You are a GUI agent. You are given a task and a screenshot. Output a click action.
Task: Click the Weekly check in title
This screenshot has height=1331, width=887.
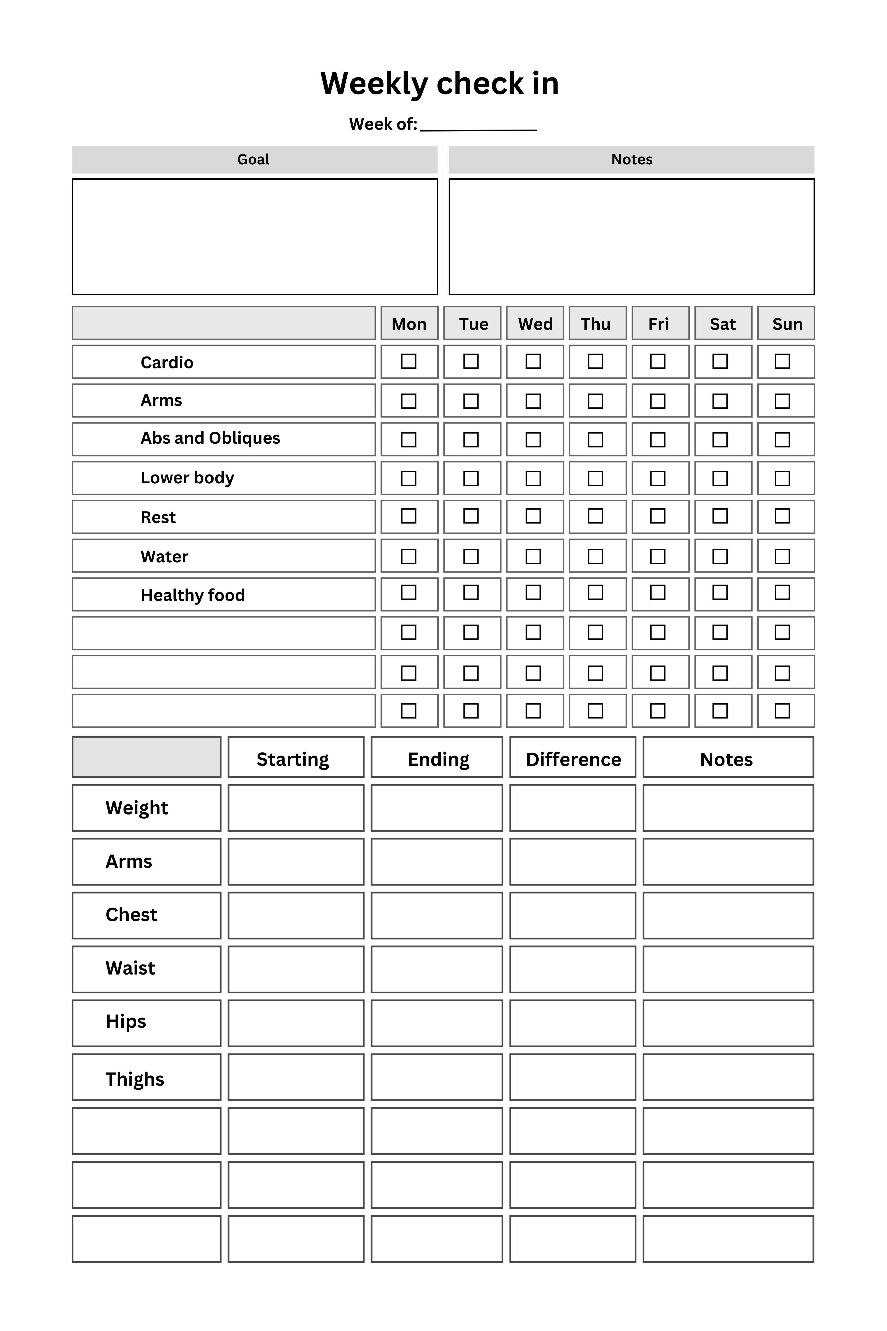pos(440,84)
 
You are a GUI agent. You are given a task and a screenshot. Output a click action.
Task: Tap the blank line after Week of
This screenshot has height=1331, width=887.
pos(479,126)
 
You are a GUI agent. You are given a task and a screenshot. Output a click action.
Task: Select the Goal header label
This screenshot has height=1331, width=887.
pos(253,159)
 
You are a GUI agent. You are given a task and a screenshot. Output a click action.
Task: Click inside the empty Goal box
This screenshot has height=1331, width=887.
pos(255,236)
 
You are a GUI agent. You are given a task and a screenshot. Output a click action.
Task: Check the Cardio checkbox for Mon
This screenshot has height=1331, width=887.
pos(408,361)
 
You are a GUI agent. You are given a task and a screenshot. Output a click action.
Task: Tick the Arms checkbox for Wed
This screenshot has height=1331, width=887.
pos(533,401)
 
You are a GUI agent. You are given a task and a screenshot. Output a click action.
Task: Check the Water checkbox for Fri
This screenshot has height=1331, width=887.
pos(657,556)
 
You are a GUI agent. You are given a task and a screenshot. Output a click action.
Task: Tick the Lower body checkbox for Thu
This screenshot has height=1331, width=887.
pos(595,478)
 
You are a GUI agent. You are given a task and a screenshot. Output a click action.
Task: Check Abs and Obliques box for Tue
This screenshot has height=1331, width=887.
pos(471,440)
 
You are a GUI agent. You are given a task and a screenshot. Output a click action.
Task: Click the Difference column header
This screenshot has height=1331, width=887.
pos(573,759)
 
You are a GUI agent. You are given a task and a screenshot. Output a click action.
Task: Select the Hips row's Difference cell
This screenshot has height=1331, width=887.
pos(573,1023)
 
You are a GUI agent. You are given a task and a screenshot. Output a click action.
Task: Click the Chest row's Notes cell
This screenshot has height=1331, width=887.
pos(728,915)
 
